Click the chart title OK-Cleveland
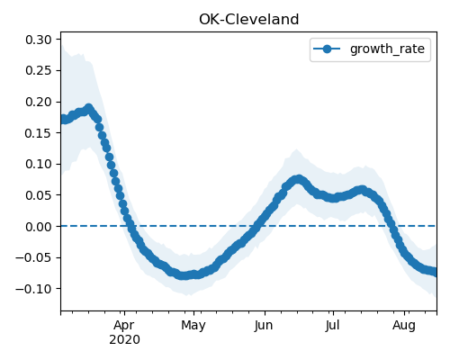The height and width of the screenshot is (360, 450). click(249, 20)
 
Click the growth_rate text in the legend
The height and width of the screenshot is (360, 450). click(387, 49)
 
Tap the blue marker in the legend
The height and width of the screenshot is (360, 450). click(327, 49)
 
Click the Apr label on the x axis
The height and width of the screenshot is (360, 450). click(124, 326)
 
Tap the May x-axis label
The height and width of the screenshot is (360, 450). click(193, 326)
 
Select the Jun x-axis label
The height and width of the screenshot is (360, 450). click(264, 326)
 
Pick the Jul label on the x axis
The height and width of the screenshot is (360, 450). click(333, 325)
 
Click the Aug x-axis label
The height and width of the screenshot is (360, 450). click(404, 326)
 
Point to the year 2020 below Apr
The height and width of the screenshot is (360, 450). click(124, 340)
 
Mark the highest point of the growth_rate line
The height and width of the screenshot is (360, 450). click(88, 108)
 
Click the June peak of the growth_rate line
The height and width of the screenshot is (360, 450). click(298, 179)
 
